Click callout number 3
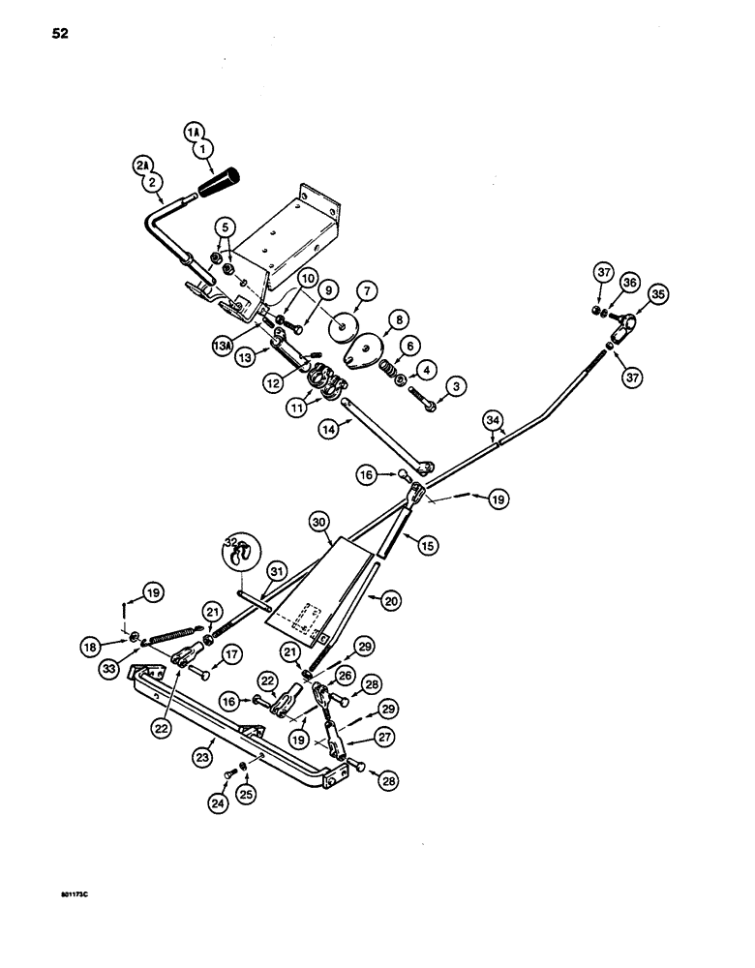(456, 387)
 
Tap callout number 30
(321, 523)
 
